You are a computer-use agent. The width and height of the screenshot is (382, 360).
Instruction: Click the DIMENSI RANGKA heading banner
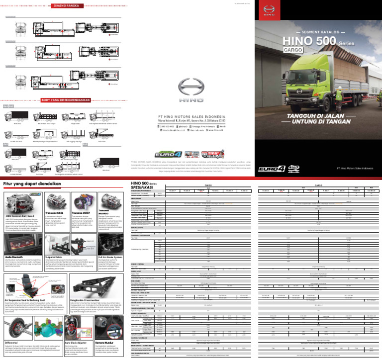67,6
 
